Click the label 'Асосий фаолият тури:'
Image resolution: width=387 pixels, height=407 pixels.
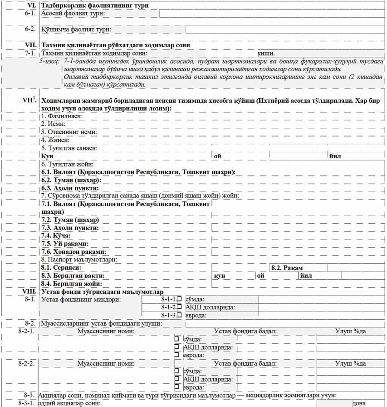(x=73, y=14)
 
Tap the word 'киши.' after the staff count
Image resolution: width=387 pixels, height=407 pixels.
(x=266, y=53)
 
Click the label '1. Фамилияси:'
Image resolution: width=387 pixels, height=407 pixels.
(x=61, y=116)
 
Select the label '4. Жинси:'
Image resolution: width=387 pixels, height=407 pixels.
(x=54, y=140)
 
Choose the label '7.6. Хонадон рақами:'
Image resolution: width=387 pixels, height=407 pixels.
(x=74, y=251)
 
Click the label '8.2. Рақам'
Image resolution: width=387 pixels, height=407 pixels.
(x=287, y=268)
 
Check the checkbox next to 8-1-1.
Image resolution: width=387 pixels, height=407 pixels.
(x=179, y=299)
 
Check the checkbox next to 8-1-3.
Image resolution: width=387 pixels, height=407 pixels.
(x=179, y=315)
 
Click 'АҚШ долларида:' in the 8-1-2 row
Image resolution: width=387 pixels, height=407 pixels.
(x=210, y=307)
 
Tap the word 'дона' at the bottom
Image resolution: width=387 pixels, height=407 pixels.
(x=359, y=403)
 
